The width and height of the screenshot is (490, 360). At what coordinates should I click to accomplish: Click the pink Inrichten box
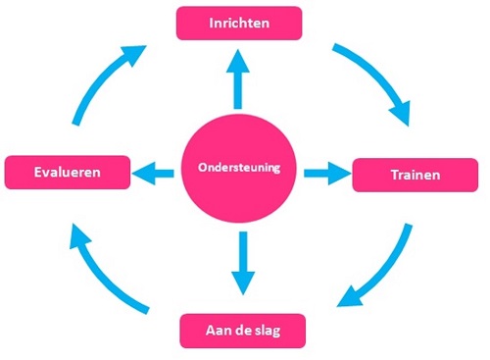pyautogui.click(x=239, y=23)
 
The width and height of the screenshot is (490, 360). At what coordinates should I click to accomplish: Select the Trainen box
pyautogui.click(x=414, y=175)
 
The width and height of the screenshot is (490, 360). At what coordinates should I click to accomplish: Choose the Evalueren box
pyautogui.click(x=67, y=173)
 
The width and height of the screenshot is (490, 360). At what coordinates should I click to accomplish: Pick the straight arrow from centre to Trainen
pyautogui.click(x=326, y=174)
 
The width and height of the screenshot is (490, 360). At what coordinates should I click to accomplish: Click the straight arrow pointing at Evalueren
pyautogui.click(x=152, y=175)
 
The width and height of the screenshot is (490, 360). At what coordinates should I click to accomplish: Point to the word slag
pyautogui.click(x=266, y=330)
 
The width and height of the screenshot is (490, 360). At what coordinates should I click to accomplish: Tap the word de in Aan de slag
pyautogui.click(x=242, y=330)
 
